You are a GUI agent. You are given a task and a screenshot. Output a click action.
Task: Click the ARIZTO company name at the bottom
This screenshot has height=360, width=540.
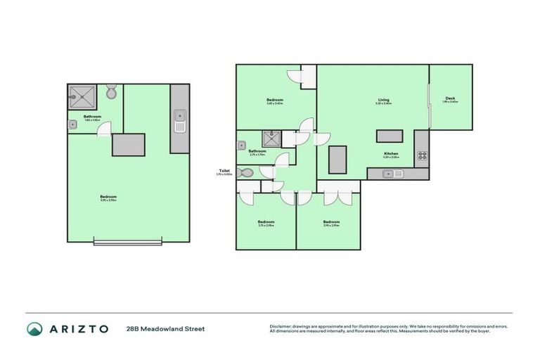(x=79, y=328)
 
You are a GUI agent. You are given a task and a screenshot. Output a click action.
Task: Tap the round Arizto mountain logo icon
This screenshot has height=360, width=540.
(x=34, y=328)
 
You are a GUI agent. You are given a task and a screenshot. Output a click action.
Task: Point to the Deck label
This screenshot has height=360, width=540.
(x=450, y=98)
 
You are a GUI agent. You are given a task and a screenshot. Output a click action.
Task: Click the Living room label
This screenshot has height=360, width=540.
(x=383, y=101)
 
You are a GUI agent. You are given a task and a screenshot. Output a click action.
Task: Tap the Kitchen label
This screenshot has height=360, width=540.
(x=391, y=153)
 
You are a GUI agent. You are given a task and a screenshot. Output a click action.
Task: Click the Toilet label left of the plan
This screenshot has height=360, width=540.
(x=225, y=170)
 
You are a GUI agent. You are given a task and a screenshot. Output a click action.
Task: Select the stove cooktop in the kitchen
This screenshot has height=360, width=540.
(x=422, y=155)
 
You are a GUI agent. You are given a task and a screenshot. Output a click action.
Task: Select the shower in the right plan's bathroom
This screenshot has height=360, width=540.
(x=270, y=139)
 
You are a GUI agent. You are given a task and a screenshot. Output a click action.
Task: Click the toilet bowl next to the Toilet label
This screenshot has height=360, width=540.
(x=245, y=172)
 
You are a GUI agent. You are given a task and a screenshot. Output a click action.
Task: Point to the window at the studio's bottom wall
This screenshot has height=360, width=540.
(x=127, y=243)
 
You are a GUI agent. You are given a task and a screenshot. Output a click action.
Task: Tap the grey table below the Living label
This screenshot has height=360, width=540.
(x=389, y=136)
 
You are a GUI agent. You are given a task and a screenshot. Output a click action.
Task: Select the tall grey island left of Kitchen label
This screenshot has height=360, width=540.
(x=339, y=160)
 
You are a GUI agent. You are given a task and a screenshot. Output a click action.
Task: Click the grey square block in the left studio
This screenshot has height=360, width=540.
(x=129, y=144)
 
